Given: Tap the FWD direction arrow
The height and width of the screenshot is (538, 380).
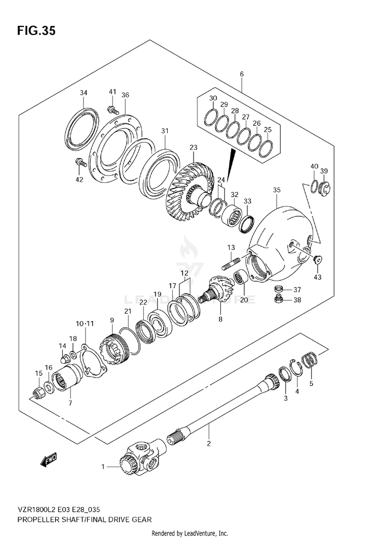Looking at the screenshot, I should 49,459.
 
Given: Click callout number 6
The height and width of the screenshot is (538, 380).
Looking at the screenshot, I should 242,74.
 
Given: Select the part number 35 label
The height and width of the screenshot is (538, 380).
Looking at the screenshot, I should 276,190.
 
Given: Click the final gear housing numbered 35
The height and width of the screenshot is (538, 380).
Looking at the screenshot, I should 284,238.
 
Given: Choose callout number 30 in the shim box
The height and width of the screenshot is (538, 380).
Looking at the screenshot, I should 213,98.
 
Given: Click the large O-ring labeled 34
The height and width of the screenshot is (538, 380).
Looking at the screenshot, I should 83,129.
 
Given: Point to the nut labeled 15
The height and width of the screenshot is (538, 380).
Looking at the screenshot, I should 38,392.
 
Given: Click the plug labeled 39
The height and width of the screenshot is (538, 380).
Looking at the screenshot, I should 325,187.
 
